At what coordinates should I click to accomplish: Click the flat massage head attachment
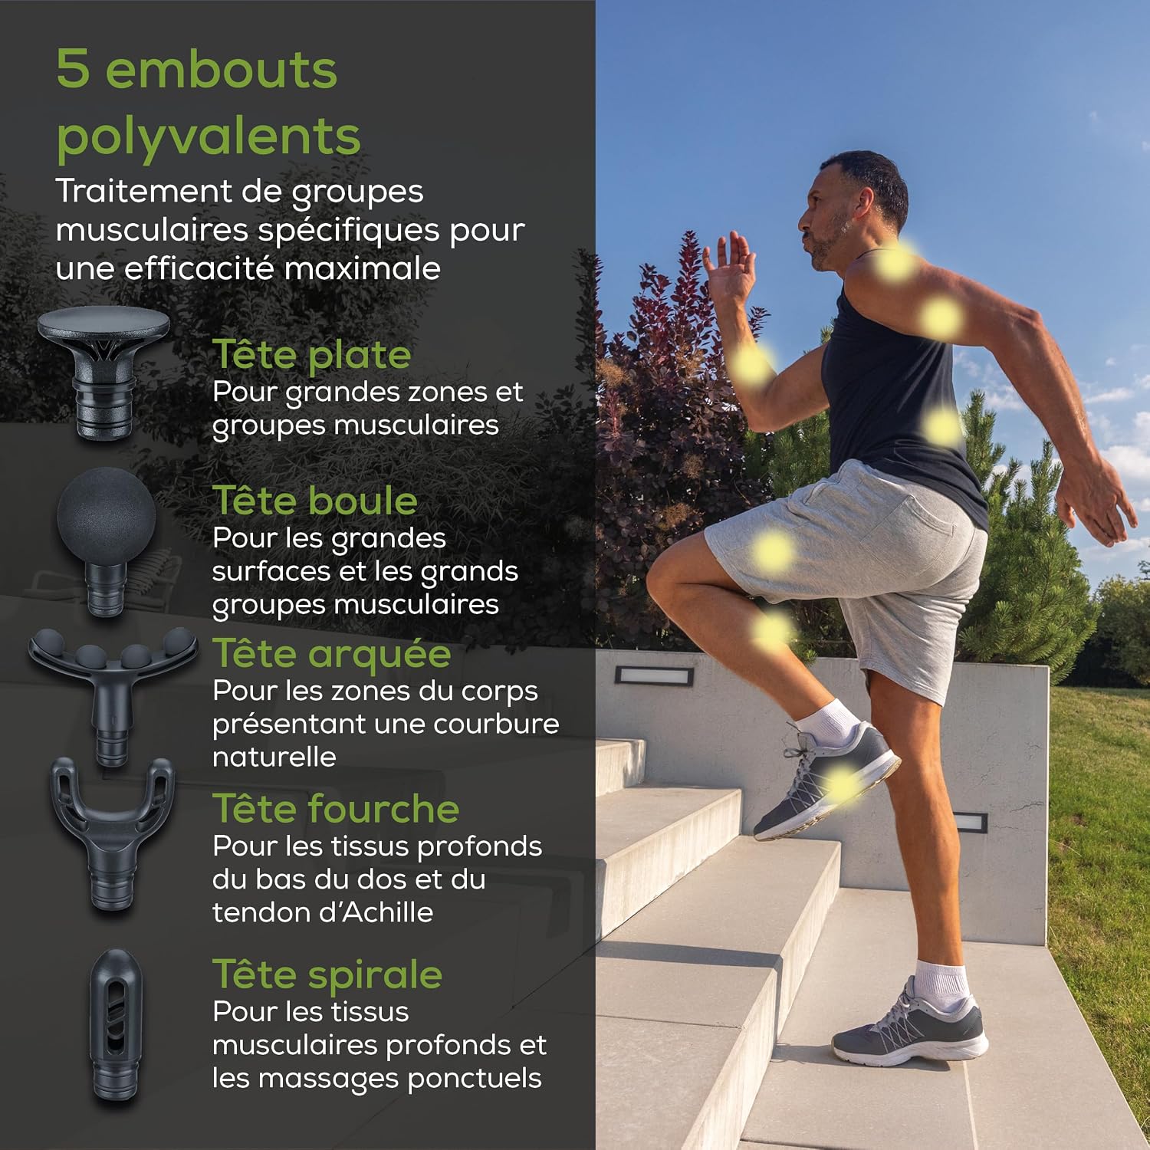coord(104,372)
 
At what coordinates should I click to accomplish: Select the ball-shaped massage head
coord(106,537)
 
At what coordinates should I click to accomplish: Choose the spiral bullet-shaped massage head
coord(116,1024)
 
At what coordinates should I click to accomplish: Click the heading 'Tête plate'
coord(312,354)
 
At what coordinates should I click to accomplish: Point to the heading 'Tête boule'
coord(315,500)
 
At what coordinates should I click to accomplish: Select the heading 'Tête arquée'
coord(332,654)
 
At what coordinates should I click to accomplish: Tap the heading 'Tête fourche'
coord(336,808)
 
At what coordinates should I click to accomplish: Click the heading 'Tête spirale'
coord(327,975)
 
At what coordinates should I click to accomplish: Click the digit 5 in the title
coord(73,69)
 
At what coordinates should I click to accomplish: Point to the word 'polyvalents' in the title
coord(209,136)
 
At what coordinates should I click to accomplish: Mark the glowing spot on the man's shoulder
coord(895,262)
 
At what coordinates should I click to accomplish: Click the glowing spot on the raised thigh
coord(772,551)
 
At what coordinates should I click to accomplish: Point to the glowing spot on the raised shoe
coord(841,784)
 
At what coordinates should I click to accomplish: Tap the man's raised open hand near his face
coord(731,264)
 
